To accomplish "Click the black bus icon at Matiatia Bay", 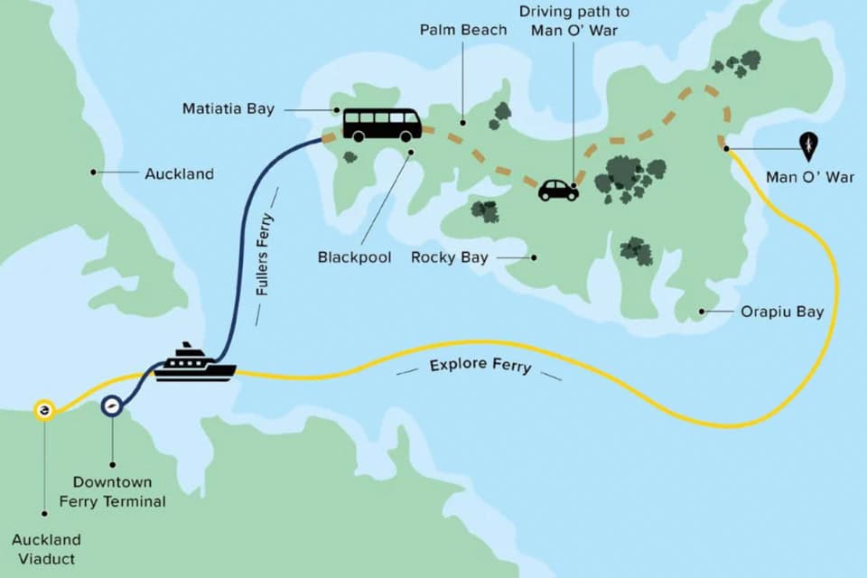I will click(x=382, y=125).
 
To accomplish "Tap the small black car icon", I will click(x=558, y=190).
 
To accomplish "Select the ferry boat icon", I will click(x=194, y=363).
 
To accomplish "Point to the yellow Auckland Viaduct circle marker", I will click(x=43, y=411).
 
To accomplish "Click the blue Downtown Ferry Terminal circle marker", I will click(x=112, y=408).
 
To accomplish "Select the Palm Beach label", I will click(x=461, y=30).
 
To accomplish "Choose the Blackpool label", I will click(x=354, y=257).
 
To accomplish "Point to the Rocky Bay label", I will click(x=449, y=257).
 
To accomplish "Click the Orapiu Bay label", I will click(x=782, y=312).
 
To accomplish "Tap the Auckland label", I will click(x=179, y=173).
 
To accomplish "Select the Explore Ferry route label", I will click(x=480, y=366).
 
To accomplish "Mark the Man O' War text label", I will click(x=809, y=178).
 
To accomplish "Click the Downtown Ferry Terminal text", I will click(x=113, y=491).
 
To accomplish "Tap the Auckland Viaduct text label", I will click(x=46, y=548).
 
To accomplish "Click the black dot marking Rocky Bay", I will click(x=534, y=257).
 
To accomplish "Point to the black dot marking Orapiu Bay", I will click(x=702, y=312).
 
